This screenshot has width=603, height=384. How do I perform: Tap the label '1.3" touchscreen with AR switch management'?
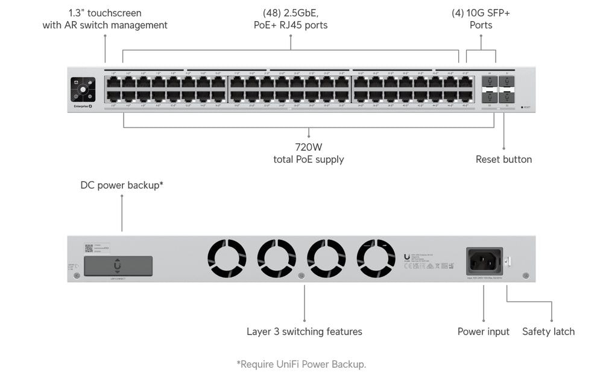(x=105, y=19)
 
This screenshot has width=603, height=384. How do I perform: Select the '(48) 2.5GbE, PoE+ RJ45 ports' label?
(x=291, y=19)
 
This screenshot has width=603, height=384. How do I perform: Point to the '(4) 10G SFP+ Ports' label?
(x=481, y=19)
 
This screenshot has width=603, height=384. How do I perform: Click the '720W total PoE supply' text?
(x=308, y=153)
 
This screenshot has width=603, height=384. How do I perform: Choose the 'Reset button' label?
(x=504, y=159)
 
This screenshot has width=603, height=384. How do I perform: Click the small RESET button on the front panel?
(x=522, y=107)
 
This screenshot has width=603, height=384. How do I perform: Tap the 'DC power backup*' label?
(x=122, y=185)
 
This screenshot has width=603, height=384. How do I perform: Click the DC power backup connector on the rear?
(x=118, y=266)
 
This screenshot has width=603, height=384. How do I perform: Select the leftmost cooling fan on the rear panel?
(x=227, y=259)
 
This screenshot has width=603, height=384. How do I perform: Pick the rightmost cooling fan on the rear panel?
(x=376, y=259)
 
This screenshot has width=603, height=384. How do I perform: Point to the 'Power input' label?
(x=483, y=332)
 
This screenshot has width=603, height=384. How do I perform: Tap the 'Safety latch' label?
(x=548, y=332)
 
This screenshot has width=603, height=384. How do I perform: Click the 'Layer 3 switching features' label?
(x=304, y=332)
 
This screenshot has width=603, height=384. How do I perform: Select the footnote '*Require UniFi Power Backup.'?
(x=301, y=364)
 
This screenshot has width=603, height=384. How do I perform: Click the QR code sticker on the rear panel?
(x=89, y=248)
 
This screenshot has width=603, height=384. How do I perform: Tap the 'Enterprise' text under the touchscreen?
(x=79, y=107)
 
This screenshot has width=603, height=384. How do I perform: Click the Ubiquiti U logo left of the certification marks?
(x=407, y=256)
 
